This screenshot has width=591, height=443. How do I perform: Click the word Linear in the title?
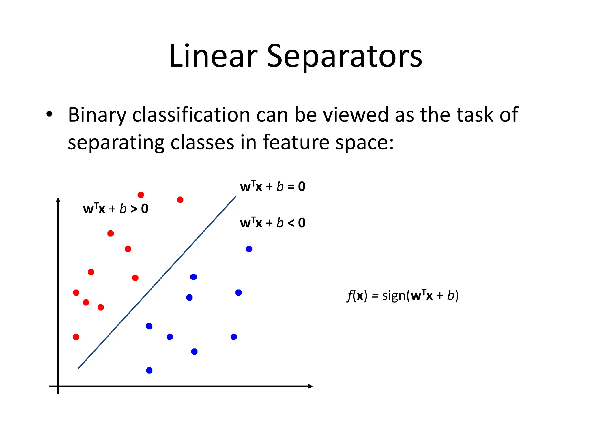213,56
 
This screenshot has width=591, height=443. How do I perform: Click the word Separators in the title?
344,56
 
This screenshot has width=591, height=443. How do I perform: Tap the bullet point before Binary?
49,114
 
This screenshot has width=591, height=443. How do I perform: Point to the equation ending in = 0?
272,187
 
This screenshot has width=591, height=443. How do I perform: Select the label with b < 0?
272,223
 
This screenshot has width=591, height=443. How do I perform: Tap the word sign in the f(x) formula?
394,296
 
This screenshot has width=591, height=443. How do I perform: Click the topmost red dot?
141,195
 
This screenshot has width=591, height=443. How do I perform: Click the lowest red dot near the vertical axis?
76,337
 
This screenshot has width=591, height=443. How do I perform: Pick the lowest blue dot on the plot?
149,371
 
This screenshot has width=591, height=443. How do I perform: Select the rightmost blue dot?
249,249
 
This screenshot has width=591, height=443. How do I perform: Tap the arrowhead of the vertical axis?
58,200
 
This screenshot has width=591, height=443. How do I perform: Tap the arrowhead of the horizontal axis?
311,386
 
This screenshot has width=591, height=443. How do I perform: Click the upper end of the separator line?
235,197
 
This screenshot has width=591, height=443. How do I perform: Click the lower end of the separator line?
79,368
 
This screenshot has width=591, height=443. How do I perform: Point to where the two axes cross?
58,386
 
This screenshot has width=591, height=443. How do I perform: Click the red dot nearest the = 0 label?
180,200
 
